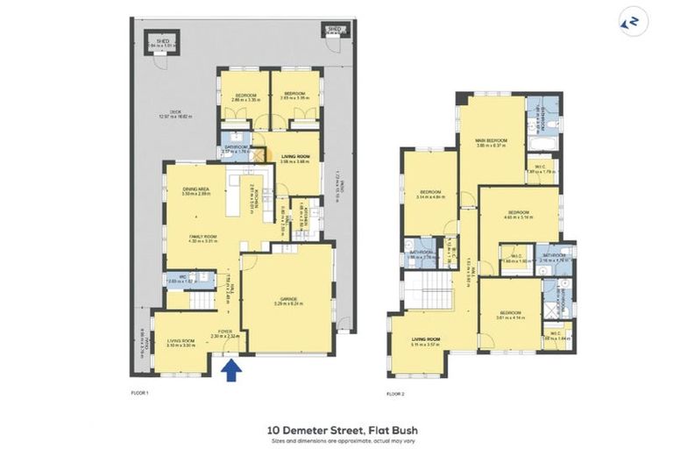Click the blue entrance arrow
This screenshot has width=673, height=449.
point(230,370)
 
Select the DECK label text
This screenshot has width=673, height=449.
point(176,112)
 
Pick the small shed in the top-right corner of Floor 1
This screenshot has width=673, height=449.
point(334,31)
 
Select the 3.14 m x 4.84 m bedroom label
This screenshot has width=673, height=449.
point(429,195)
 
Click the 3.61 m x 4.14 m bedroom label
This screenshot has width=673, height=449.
point(510,316)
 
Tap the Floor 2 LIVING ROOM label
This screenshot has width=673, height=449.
point(424,341)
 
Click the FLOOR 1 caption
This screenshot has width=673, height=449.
point(140,394)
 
